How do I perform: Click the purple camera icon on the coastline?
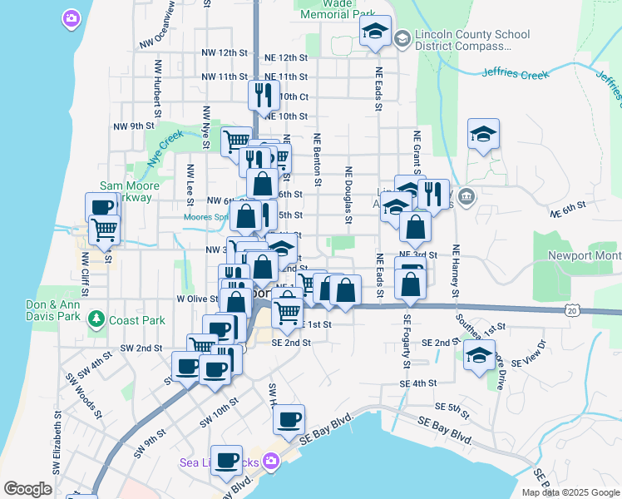click(x=72, y=17)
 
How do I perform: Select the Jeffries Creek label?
click(x=515, y=74)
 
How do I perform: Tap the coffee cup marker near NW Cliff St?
click(x=101, y=208)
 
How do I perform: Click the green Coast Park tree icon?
click(x=97, y=319)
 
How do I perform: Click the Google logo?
click(x=28, y=489)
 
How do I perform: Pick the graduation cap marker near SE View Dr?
click(x=478, y=356)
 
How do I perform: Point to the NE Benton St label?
click(x=318, y=158)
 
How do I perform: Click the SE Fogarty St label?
click(x=407, y=341)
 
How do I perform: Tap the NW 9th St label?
click(x=134, y=126)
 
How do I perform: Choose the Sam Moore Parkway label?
click(x=126, y=191)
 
